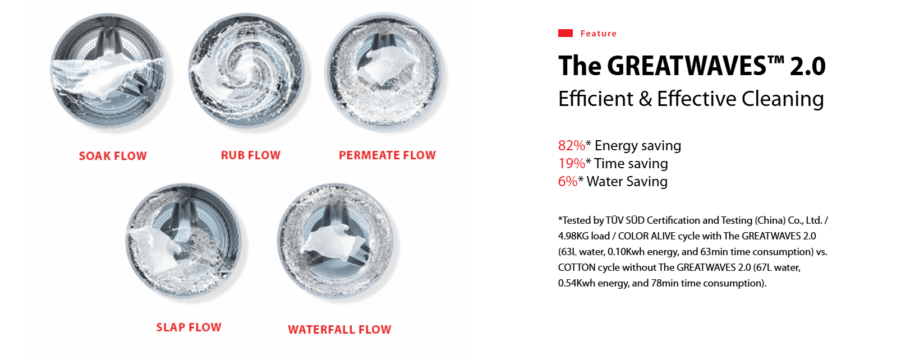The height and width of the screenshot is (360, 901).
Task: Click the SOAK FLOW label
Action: point(113,156)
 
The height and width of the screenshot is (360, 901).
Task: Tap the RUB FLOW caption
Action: point(251,155)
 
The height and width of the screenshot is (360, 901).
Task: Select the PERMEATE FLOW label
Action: point(387,155)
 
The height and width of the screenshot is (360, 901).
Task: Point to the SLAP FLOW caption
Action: point(189,327)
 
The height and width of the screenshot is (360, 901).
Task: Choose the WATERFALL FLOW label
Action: point(339,329)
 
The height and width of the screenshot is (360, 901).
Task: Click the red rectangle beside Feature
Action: point(565,33)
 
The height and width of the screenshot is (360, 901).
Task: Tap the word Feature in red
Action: point(598,34)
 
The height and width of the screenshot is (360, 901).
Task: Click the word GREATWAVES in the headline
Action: point(687,66)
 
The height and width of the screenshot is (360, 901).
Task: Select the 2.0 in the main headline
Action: point(808,66)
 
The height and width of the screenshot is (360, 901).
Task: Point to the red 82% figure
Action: point(571,145)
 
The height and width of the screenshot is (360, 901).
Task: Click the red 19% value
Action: point(571,163)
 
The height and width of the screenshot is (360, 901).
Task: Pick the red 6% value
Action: point(568,182)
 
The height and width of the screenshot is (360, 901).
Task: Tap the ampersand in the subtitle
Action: point(645,99)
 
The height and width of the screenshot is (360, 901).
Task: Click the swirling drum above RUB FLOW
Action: point(246,71)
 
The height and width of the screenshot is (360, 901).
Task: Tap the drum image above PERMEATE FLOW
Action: point(385,71)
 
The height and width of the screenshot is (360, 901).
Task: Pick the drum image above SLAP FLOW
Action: point(185,241)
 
